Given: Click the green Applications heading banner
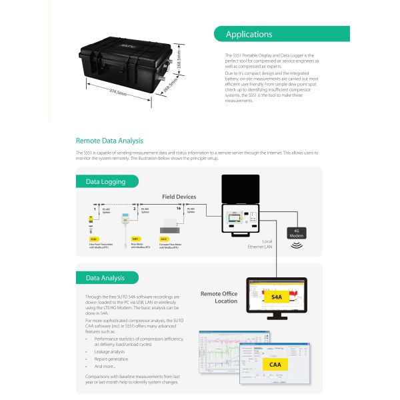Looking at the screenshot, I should pos(281,34).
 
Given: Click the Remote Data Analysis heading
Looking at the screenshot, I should pos(109,141).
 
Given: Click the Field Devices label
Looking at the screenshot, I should pos(179,197).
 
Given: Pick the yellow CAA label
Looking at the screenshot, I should pos(275,365).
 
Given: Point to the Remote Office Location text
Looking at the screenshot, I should pos(219,297).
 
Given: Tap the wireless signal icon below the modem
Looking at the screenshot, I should pos(295,244).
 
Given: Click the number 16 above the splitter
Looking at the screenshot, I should pos(178,208).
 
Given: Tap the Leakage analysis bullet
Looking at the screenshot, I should pos(109,351).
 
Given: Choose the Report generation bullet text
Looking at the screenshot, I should pos(111,359).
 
